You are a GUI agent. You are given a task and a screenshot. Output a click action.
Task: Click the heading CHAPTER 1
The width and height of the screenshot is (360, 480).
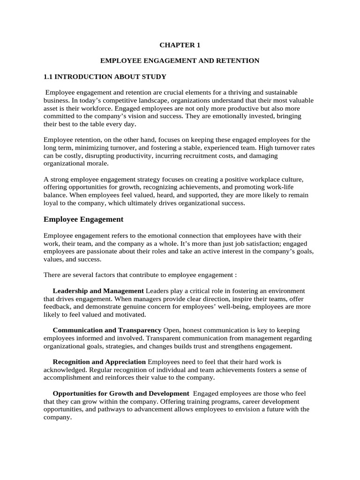tap(180, 45)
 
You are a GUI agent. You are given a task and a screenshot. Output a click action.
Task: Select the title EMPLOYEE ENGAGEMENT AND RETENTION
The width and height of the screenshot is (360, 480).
tap(180, 61)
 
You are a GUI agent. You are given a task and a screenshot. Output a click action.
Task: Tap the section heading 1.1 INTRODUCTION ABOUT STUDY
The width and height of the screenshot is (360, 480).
tap(105, 76)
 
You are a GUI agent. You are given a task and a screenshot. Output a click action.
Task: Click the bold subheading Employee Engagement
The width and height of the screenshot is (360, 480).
tap(83, 219)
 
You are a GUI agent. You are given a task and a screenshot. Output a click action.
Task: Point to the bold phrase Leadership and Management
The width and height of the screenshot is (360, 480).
tap(98, 291)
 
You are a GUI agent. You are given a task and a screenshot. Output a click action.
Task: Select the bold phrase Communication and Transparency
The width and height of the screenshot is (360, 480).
tap(107, 330)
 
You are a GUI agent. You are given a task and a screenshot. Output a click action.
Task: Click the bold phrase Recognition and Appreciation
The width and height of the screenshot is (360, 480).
tap(99, 362)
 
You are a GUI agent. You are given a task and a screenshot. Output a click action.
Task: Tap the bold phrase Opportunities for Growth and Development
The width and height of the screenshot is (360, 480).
tap(120, 393)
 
